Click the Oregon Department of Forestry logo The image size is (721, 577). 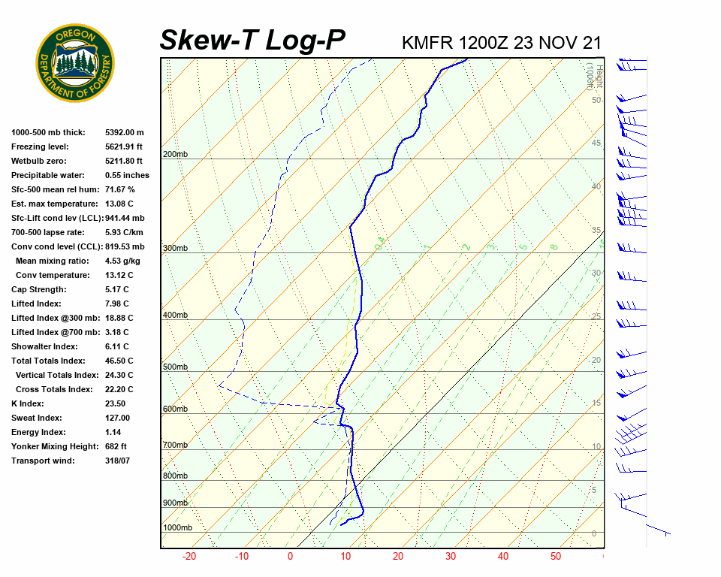[x=75, y=63]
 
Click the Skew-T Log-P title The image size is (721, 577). [x=252, y=41]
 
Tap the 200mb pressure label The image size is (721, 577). [x=175, y=155]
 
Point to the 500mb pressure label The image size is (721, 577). [x=175, y=367]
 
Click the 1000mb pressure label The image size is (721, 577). [x=177, y=528]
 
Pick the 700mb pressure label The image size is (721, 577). [x=175, y=446]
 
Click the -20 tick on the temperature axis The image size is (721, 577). [x=189, y=557]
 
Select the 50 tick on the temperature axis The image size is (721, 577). [x=556, y=557]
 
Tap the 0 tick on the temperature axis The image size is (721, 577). [x=290, y=557]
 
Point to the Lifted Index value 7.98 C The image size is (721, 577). [x=116, y=304]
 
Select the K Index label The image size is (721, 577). [x=29, y=403]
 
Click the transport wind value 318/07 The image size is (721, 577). [x=118, y=461]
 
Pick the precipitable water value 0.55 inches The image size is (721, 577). [x=127, y=175]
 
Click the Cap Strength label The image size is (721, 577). [x=38, y=289]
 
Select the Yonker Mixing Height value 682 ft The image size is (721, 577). [x=116, y=446]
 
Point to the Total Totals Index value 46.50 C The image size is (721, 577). [x=119, y=361]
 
